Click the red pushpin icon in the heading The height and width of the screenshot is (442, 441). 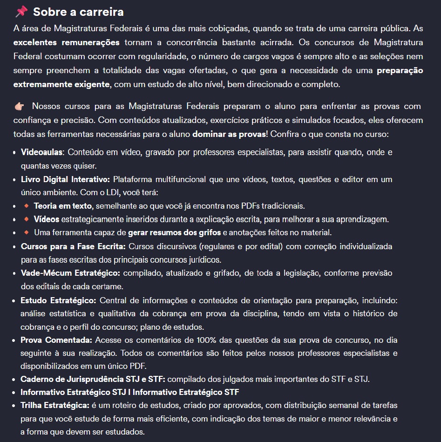pos(21,11)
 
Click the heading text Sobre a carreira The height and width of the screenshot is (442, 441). pos(78,12)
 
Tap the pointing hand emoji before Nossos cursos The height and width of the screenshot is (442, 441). pos(19,107)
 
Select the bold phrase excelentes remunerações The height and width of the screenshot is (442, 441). pos(67,42)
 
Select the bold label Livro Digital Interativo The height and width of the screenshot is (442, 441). pos(65,179)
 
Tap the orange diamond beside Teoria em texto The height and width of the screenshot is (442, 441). pos(26,205)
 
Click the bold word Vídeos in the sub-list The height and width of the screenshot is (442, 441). pos(46,219)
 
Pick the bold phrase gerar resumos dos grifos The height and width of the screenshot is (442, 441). pos(175,232)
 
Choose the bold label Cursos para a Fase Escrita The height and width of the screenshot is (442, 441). pos(74,246)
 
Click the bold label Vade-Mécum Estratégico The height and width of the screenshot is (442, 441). pos(71,273)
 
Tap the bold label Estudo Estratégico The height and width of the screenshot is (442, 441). pos(58,300)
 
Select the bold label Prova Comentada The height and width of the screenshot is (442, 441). pos(56,340)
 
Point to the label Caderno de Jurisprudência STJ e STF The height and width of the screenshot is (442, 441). pos(93,379)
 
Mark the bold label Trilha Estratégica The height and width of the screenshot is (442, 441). pos(54,405)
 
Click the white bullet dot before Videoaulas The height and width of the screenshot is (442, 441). pos(15,153)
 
